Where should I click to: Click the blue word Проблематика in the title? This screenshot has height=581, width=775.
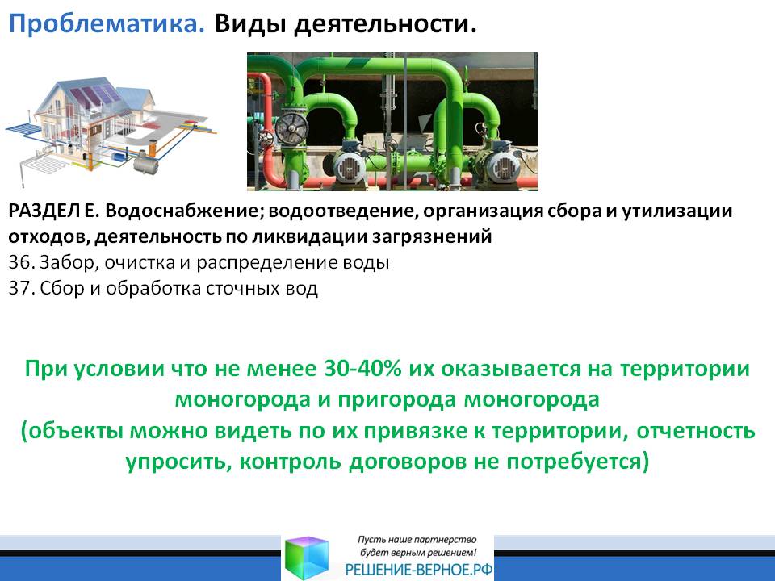pos(107,23)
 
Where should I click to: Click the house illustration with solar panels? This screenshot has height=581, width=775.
pos(111,129)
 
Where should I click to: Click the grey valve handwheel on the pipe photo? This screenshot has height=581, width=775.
pos(292,129)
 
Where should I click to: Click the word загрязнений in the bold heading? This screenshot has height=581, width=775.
pos(432,237)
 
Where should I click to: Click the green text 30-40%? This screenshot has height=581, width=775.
pos(362,369)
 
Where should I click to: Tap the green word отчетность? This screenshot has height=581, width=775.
pos(695,431)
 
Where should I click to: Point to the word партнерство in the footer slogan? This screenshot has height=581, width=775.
pos(447,540)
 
